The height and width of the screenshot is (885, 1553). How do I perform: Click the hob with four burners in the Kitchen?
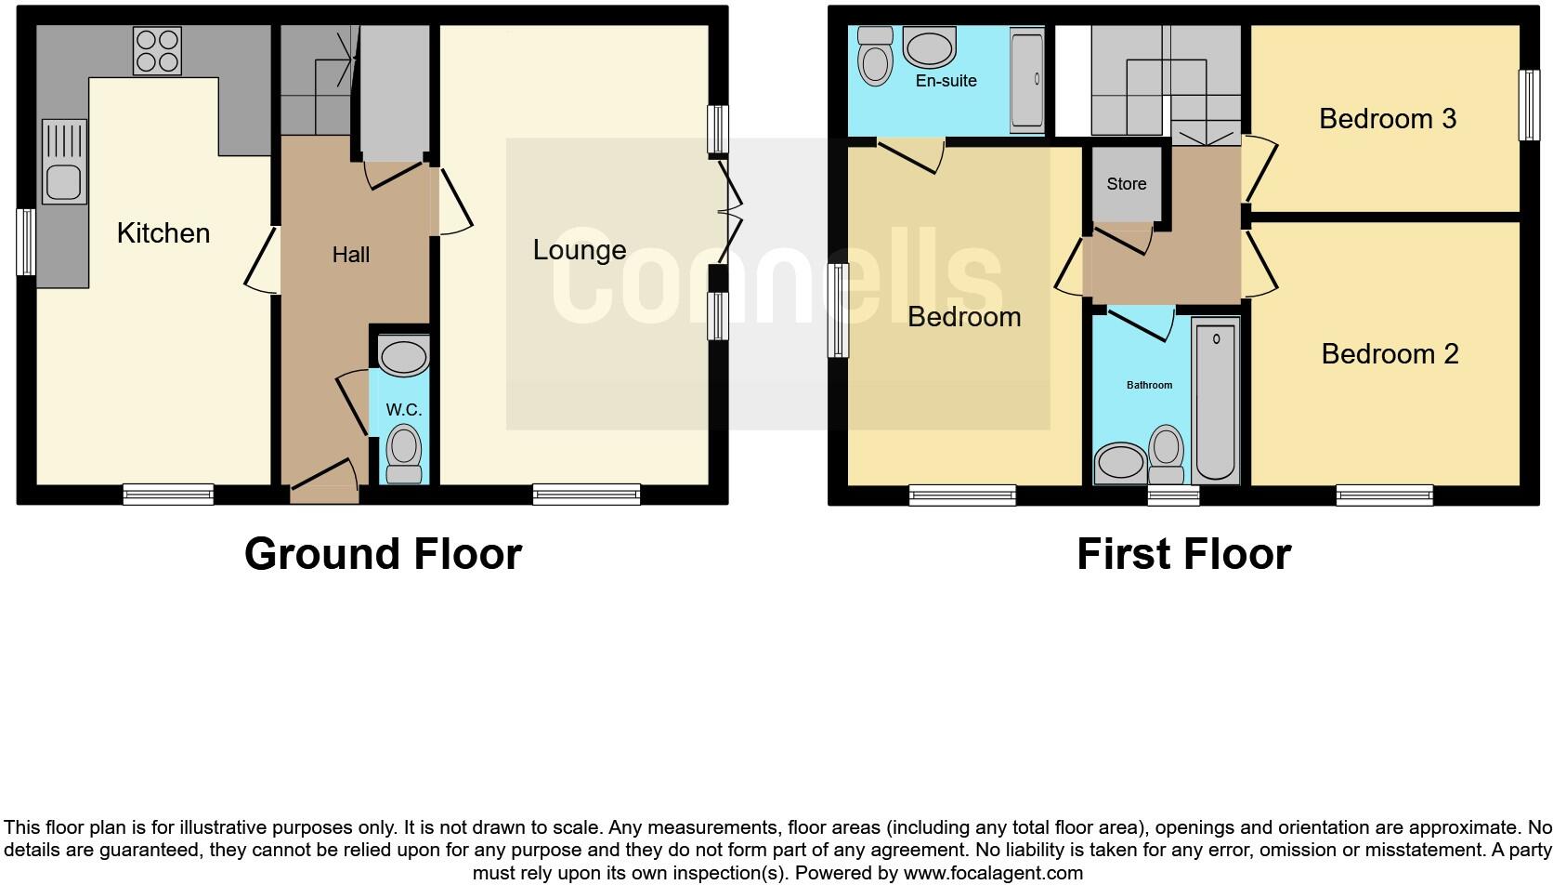pyautogui.click(x=157, y=50)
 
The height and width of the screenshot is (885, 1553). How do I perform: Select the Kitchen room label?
pyautogui.click(x=163, y=232)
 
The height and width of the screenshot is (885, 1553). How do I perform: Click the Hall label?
pyautogui.click(x=351, y=255)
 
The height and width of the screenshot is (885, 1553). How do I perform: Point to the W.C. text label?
pyautogui.click(x=404, y=409)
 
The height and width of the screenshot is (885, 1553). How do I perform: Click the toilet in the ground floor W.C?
pyautogui.click(x=404, y=454)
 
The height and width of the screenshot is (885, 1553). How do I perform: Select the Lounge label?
pyautogui.click(x=580, y=249)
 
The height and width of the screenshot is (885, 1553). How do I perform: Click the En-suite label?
pyautogui.click(x=946, y=81)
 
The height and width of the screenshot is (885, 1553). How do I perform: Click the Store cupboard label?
pyautogui.click(x=1126, y=184)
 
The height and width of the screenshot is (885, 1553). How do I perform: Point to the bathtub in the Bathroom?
pyautogui.click(x=1216, y=400)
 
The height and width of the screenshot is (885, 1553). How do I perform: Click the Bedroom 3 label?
pyautogui.click(x=1387, y=119)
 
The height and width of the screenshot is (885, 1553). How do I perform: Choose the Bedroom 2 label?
pyautogui.click(x=1390, y=354)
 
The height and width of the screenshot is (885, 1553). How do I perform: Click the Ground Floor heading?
pyautogui.click(x=383, y=554)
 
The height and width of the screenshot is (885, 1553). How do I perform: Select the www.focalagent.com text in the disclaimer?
pyautogui.click(x=993, y=873)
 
